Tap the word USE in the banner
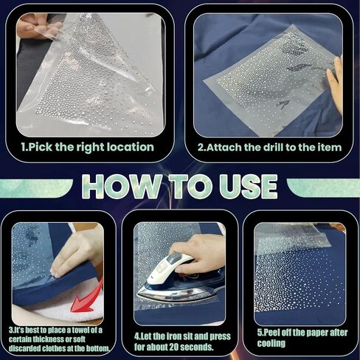coord(249,187)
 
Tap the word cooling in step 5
coord(271,344)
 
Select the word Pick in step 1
coord(41,147)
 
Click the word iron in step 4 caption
coord(173,336)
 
